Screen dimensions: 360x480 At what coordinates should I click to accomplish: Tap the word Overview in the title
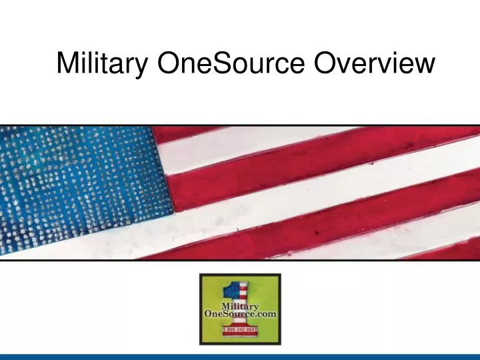[x=375, y=63]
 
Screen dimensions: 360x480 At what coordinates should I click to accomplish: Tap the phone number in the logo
[x=240, y=329]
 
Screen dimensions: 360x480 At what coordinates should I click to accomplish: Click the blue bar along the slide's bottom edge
[x=240, y=357]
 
